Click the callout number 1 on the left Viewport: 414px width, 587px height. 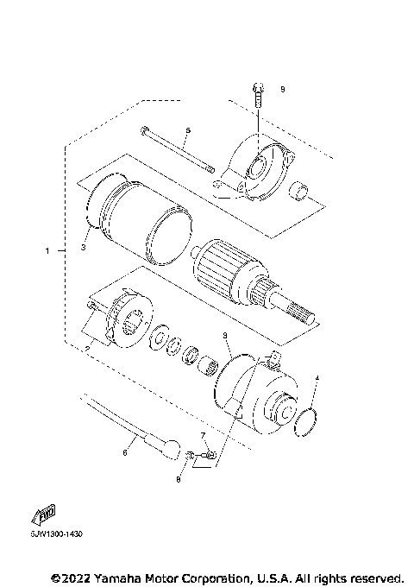pyautogui.click(x=48, y=251)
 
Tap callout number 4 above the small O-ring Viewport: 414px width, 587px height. pyautogui.click(x=317, y=378)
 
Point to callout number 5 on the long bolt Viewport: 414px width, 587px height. pyautogui.click(x=188, y=129)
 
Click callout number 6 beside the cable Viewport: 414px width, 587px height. pyautogui.click(x=125, y=451)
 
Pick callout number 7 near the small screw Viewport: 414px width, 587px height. pyautogui.click(x=203, y=435)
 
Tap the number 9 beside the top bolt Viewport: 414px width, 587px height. pyautogui.click(x=282, y=89)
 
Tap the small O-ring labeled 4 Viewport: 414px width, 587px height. pyautogui.click(x=304, y=426)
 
